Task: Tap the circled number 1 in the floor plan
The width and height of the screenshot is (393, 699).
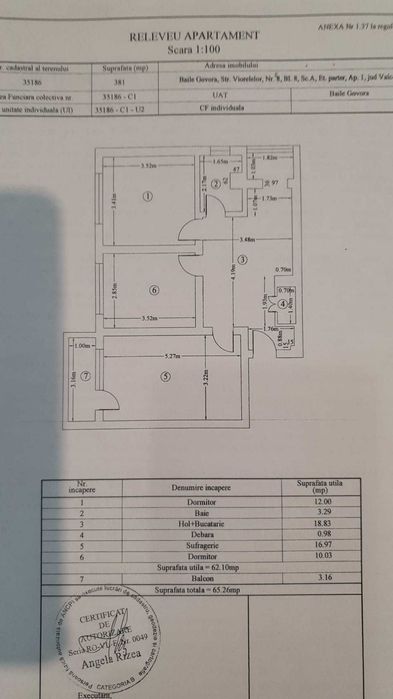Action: [148, 197]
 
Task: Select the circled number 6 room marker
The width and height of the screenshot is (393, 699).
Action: [153, 290]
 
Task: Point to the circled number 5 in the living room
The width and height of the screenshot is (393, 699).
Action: [165, 377]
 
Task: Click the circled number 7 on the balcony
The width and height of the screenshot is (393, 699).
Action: [86, 377]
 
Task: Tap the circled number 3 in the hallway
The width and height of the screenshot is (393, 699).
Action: [241, 259]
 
